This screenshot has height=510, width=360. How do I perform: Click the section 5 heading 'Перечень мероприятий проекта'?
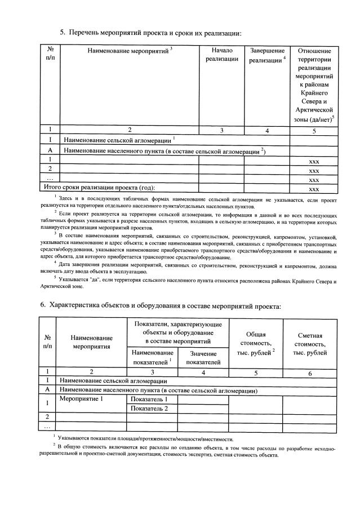(x=155, y=33)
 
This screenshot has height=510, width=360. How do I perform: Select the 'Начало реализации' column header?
(x=221, y=55)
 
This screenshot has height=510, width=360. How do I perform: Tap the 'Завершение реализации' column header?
(x=267, y=55)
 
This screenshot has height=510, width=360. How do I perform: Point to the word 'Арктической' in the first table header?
(x=314, y=109)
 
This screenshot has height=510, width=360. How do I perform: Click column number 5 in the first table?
(x=314, y=130)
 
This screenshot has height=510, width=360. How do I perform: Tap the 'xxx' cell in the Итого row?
(x=314, y=188)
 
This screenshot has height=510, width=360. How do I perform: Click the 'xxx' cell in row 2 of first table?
(x=314, y=170)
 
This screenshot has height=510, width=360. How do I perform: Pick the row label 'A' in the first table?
(x=50, y=150)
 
